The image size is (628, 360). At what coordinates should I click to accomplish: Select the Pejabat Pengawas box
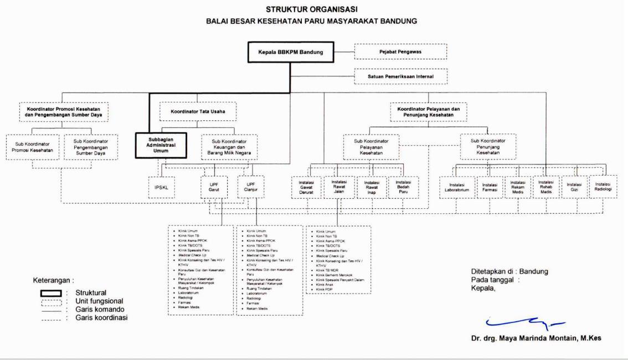pos(400,53)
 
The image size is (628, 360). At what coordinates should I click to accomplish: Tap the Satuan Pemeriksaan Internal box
pos(400,75)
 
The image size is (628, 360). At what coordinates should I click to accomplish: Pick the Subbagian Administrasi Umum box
pos(161,145)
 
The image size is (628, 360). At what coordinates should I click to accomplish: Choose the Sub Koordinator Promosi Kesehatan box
pos(32,148)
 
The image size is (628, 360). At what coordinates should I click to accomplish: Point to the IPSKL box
pos(161,187)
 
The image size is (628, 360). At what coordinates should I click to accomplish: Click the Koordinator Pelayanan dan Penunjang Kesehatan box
pos(429,113)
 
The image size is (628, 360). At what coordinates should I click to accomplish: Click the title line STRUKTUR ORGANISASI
pos(312,9)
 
